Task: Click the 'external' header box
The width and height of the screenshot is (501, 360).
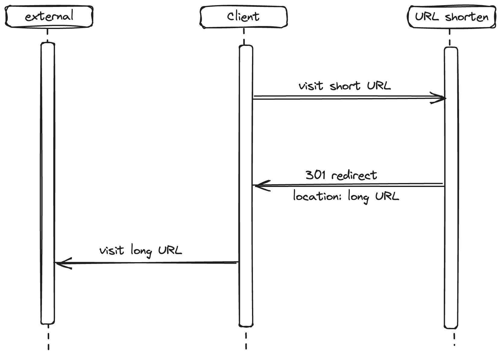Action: [49, 17]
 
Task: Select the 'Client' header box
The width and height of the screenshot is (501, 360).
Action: [244, 17]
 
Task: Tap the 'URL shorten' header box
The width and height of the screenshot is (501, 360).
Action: [452, 17]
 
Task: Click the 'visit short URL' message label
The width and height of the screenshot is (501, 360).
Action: [345, 86]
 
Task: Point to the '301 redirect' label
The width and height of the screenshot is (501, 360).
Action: [341, 175]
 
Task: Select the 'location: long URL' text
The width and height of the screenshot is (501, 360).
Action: [346, 197]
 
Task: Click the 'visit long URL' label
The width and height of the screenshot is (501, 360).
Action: [141, 250]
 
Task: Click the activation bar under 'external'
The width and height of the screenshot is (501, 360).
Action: [48, 183]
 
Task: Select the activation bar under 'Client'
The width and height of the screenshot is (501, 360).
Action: [246, 186]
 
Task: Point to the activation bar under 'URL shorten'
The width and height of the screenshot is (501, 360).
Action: [451, 188]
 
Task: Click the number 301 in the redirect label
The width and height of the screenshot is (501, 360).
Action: [315, 175]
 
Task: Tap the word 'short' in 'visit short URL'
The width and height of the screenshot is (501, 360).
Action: [345, 86]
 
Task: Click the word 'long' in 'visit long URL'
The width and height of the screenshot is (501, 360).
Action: [141, 251]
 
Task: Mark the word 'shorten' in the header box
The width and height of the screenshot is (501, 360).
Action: [467, 17]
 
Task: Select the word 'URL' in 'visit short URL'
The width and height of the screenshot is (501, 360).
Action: [379, 85]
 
